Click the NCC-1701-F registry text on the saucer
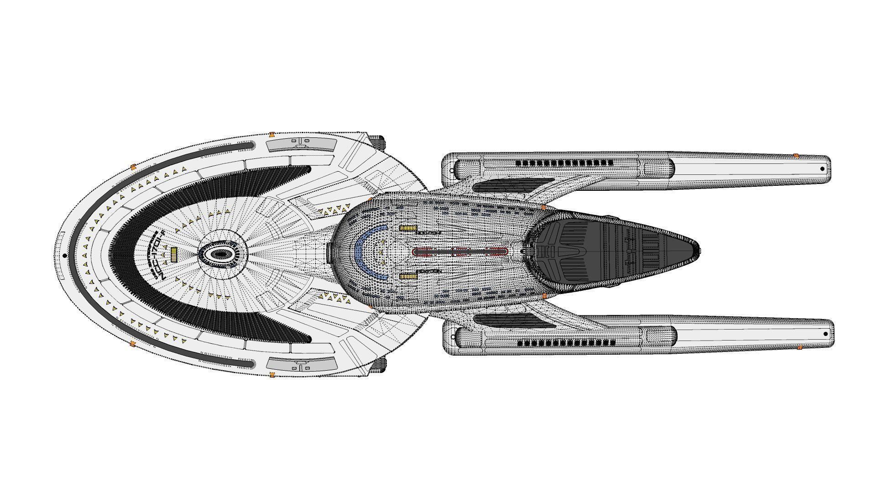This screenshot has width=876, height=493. pyautogui.click(x=159, y=253)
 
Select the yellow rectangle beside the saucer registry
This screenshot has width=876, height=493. pyautogui.click(x=173, y=254)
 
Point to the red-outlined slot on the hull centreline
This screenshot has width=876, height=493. pyautogui.click(x=460, y=252)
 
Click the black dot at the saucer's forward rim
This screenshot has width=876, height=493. pyautogui.click(x=65, y=256)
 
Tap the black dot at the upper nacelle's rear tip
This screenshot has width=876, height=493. pyautogui.click(x=822, y=169)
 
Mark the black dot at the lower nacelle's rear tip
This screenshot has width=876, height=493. pyautogui.click(x=826, y=334)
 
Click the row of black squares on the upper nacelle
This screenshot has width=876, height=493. pyautogui.click(x=564, y=163)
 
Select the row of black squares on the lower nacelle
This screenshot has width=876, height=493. pyautogui.click(x=566, y=343)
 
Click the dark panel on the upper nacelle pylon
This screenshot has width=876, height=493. pyautogui.click(x=506, y=185)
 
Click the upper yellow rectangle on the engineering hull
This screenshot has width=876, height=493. pyautogui.click(x=408, y=228)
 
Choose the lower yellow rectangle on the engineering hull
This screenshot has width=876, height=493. pyautogui.click(x=408, y=276)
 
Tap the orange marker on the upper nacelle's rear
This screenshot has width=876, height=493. pyautogui.click(x=796, y=156)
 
